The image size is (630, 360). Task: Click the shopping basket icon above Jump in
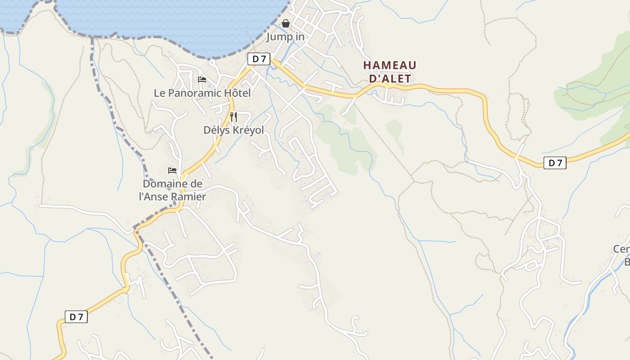coord(285,23)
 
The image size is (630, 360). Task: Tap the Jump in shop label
coord(285,37)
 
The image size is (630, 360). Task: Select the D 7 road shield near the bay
coord(259,58)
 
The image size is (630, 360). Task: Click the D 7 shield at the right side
coord(555,163)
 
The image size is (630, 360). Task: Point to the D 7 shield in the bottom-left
coord(76,317)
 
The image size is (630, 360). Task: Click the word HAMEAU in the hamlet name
coord(390,65)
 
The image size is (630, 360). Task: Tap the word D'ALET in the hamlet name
coord(390,79)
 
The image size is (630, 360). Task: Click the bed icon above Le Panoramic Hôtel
coord(202,80)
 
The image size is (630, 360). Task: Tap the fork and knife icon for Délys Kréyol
coord(234,117)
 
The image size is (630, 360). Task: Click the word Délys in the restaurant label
coord(216,130)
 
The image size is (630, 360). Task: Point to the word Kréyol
coord(248,130)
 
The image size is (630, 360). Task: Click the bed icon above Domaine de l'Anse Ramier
coord(172,171)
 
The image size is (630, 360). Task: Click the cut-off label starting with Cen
coord(621,250)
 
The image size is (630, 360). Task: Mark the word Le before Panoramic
coord(160,93)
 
